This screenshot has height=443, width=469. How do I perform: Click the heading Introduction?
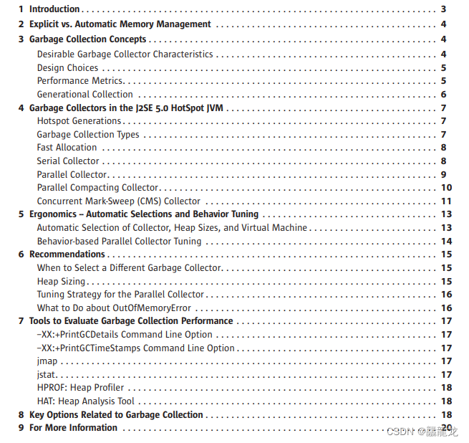tap(54, 9)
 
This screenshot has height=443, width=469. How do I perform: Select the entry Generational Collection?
tap(84, 94)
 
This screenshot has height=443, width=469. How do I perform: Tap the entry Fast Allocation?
tap(67, 148)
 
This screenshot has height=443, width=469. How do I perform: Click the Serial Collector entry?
tap(68, 161)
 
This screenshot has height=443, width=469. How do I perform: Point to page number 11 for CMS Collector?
tap(445, 201)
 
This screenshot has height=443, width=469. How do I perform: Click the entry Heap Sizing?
tap(61, 282)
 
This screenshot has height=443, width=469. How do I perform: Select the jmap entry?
tap(47, 361)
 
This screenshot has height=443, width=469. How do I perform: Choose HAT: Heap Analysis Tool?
tap(85, 401)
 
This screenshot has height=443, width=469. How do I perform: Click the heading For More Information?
tap(73, 428)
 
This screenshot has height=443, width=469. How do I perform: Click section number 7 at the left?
tap(21, 321)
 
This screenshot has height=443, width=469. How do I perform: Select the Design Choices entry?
tap(67, 67)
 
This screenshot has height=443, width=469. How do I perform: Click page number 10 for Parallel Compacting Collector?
tap(445, 188)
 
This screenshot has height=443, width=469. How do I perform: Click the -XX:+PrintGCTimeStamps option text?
tap(136, 348)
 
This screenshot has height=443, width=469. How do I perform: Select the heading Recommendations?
tap(67, 254)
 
